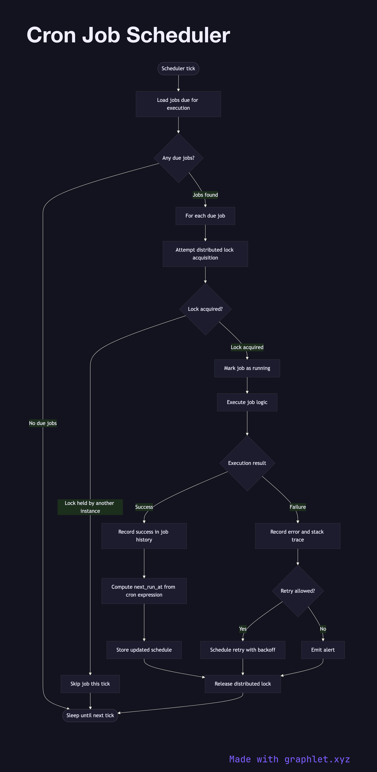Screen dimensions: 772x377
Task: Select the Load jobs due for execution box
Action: (178, 104)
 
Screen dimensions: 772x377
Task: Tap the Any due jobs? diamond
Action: (178, 158)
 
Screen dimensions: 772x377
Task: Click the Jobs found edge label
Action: (205, 195)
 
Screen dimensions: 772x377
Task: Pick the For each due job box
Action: (205, 216)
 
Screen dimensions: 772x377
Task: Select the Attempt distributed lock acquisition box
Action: (205, 254)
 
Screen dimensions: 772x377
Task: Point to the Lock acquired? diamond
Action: (205, 309)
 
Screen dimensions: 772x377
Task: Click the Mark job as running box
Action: (247, 368)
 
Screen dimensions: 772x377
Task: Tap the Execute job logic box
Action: (247, 402)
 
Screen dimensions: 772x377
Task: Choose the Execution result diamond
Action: (247, 463)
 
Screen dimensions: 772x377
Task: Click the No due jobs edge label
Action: (43, 423)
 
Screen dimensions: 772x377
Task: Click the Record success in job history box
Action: (144, 536)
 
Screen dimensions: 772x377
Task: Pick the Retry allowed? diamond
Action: (298, 591)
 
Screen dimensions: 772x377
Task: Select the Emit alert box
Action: (323, 650)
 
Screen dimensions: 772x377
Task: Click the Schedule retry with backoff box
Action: (243, 650)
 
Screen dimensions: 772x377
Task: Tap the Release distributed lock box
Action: (243, 684)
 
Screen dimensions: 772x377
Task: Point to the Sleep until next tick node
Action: (90, 715)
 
